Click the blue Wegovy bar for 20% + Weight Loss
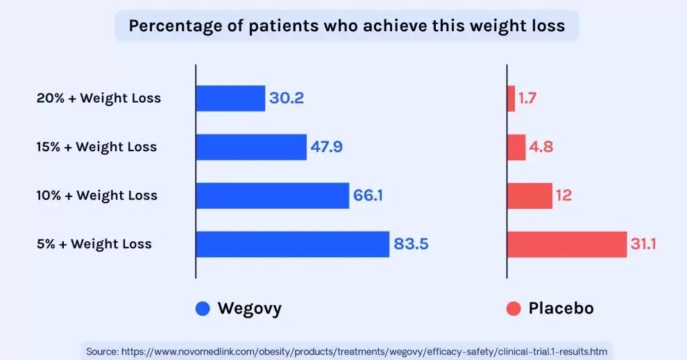[230, 98]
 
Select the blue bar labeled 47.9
[251, 147]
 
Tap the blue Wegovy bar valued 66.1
[272, 196]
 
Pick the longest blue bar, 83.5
[292, 244]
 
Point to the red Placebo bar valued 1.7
[511, 98]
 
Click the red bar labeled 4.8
[516, 147]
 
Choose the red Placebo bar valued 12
[529, 196]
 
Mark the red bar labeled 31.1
[567, 244]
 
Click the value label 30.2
[287, 98]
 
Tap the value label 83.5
[412, 244]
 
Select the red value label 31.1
[643, 244]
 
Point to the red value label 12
[563, 196]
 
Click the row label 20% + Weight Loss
[99, 98]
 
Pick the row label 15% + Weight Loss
[96, 147]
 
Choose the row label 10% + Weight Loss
[97, 196]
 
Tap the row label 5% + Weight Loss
[94, 244]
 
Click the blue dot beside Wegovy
[203, 309]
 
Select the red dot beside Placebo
[514, 309]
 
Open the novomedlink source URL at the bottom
[359, 352]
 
